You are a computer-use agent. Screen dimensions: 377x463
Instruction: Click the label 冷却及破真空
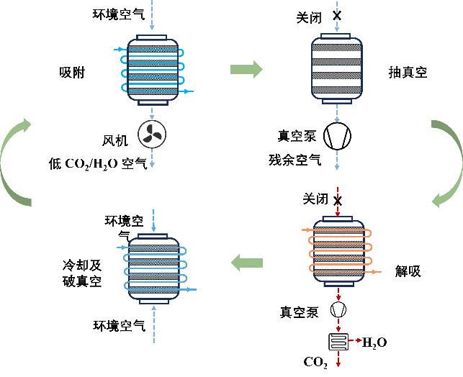click(79, 273)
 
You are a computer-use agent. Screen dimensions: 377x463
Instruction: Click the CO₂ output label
click(317, 363)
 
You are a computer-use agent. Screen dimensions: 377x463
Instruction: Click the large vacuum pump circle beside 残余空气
click(338, 135)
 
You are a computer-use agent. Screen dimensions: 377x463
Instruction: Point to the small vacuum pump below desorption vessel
click(338, 310)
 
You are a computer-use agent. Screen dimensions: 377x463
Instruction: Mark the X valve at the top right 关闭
click(337, 14)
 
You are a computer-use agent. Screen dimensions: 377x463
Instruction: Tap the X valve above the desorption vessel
click(337, 201)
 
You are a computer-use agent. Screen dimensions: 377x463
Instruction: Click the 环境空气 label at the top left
click(119, 14)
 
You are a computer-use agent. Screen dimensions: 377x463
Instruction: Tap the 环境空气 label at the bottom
click(120, 325)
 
